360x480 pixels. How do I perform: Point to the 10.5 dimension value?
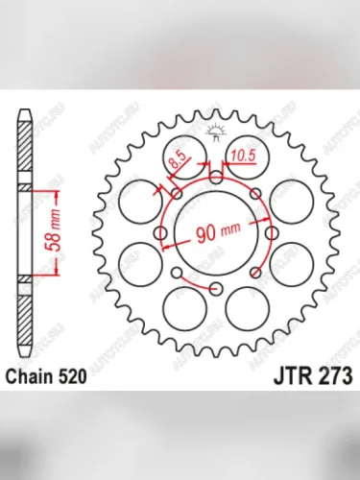pos(242,150)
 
